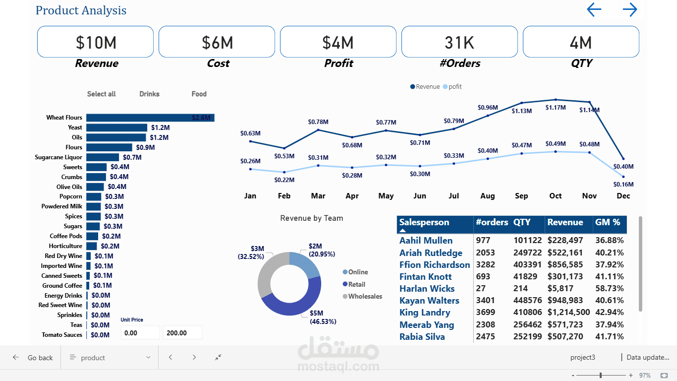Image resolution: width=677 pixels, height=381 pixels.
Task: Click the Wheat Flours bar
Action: [x=150, y=118]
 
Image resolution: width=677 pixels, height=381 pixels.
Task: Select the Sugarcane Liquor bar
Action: [x=103, y=157]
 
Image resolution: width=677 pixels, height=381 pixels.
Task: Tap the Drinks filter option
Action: [x=149, y=94]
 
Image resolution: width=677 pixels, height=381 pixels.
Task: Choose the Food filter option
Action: [x=199, y=94]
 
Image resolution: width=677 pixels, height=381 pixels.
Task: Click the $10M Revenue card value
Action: [x=96, y=43]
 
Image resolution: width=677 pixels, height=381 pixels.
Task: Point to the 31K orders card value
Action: [x=459, y=43]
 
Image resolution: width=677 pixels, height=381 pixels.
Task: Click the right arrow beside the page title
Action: [x=629, y=10]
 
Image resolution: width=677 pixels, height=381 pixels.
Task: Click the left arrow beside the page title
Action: [x=594, y=10]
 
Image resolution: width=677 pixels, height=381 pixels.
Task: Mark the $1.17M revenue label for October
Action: [x=556, y=108]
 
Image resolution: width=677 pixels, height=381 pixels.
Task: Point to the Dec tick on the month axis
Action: [x=623, y=196]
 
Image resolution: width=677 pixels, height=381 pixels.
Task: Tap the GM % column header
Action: [x=608, y=223]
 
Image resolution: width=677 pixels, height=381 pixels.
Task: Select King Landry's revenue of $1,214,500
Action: [x=568, y=313]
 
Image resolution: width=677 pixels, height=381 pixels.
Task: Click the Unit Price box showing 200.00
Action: [x=182, y=333]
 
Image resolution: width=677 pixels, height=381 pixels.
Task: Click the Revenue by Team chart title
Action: [x=311, y=218]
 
